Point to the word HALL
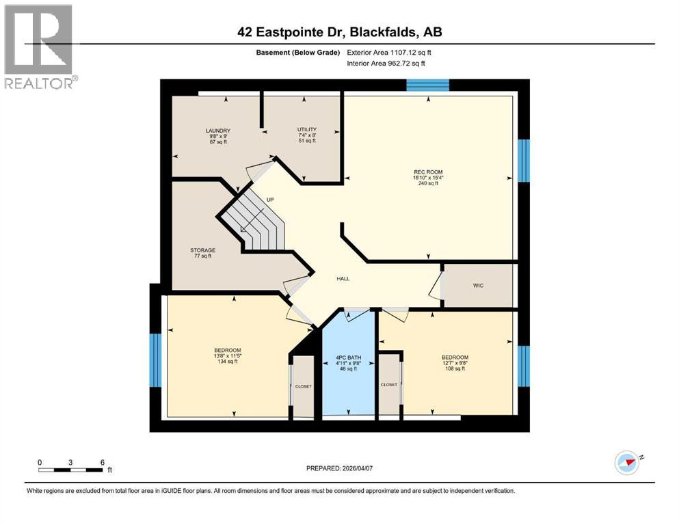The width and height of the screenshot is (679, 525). [x=343, y=279]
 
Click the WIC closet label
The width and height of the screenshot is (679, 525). [x=478, y=285]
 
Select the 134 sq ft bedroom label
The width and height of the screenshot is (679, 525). [x=227, y=356]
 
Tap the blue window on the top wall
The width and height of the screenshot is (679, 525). [x=427, y=85]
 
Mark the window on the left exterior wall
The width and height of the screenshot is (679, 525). [x=155, y=360]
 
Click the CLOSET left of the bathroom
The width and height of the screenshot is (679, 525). [x=303, y=386]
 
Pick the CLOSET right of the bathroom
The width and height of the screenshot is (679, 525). [x=389, y=385]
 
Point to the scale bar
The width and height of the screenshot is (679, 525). [x=71, y=470]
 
